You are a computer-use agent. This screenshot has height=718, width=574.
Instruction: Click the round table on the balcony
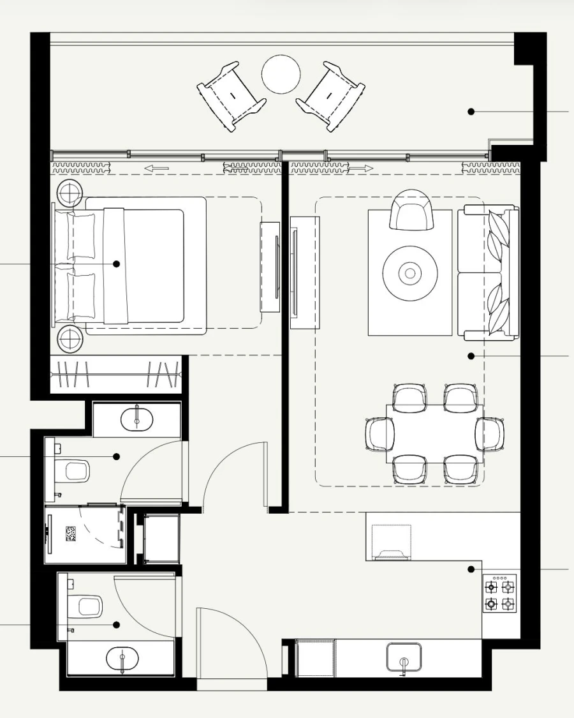click(x=281, y=74)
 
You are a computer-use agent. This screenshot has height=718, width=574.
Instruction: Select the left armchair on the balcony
click(x=231, y=96)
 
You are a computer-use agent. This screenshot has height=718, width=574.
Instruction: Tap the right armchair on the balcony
click(x=330, y=96)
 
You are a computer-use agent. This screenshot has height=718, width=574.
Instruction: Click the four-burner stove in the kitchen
click(x=500, y=594)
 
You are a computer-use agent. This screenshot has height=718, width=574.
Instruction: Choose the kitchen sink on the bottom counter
click(x=404, y=658)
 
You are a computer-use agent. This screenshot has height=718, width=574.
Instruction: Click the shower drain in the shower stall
click(x=71, y=533)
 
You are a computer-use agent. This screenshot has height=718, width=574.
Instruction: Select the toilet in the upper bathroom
click(x=75, y=472)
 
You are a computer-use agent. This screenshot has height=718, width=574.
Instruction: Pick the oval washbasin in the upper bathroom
click(x=137, y=419)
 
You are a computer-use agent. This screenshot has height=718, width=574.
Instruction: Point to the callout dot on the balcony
click(x=471, y=112)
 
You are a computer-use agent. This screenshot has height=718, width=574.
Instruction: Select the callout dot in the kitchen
click(x=471, y=569)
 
